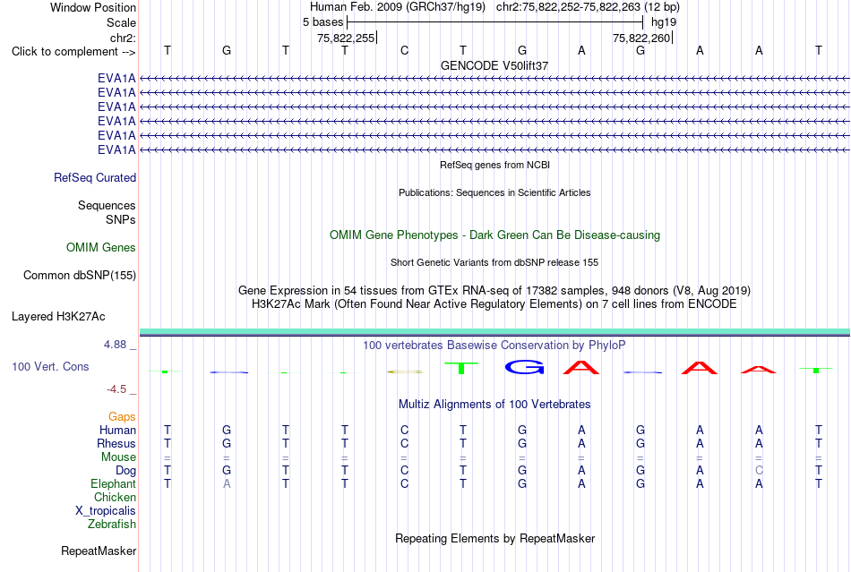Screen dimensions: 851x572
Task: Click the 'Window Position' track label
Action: pyautogui.click(x=93, y=7)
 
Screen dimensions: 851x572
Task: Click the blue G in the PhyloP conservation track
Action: pyautogui.click(x=524, y=367)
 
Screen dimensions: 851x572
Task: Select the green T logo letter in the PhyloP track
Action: pyautogui.click(x=460, y=368)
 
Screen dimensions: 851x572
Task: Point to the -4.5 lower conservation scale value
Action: pyautogui.click(x=116, y=388)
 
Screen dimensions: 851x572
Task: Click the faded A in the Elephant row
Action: pyautogui.click(x=227, y=483)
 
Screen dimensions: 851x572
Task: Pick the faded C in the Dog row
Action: pyautogui.click(x=759, y=470)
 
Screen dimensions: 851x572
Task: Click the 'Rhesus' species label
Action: pyautogui.click(x=116, y=443)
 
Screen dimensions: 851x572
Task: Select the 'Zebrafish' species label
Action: pyautogui.click(x=112, y=524)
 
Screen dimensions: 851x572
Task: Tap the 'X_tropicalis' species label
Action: pyautogui.click(x=106, y=511)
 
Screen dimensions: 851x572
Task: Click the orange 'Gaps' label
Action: pyautogui.click(x=122, y=416)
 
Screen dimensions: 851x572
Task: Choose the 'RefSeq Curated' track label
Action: pyautogui.click(x=95, y=178)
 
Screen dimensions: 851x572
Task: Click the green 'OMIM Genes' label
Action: pyautogui.click(x=101, y=247)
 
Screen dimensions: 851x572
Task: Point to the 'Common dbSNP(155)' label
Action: pyautogui.click(x=80, y=276)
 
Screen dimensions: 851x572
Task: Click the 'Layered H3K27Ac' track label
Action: pyautogui.click(x=58, y=317)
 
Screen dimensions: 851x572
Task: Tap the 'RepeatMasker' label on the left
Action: pyautogui.click(x=99, y=551)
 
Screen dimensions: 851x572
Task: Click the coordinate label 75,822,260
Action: pyautogui.click(x=641, y=38)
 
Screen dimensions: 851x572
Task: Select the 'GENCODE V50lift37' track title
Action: pyautogui.click(x=494, y=65)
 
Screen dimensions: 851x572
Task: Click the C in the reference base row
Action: pyautogui.click(x=404, y=50)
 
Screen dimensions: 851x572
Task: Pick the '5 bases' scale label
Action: pyautogui.click(x=322, y=22)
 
